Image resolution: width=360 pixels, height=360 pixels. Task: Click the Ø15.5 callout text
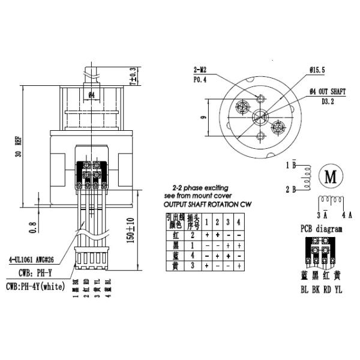[x=318, y=71]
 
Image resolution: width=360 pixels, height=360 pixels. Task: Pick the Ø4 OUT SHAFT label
[x=327, y=91]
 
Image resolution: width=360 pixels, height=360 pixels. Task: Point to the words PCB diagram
[x=321, y=229]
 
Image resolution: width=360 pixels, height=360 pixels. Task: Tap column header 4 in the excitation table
[x=238, y=223]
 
